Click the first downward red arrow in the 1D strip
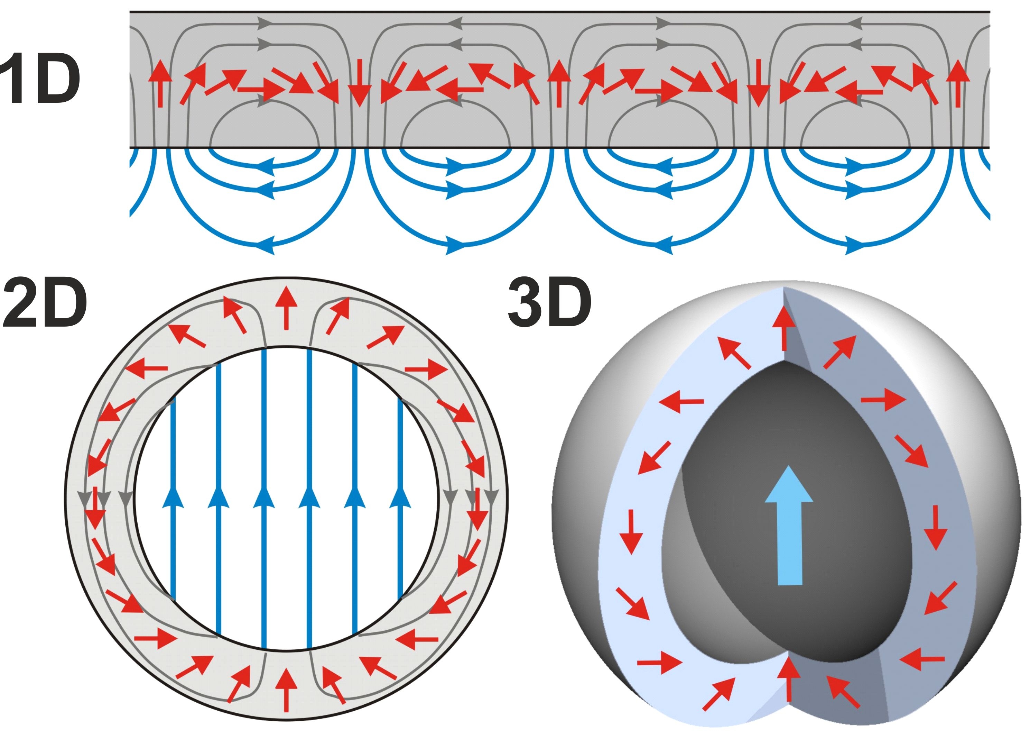pos(359,83)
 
